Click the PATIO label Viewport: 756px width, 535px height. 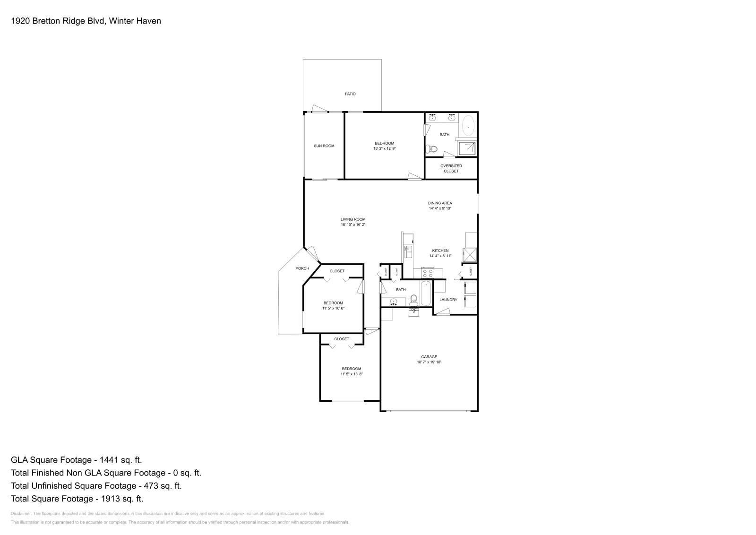click(350, 94)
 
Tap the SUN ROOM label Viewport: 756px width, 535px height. click(324, 146)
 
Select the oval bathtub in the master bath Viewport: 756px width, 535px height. click(468, 127)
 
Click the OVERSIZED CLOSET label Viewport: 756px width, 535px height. click(451, 168)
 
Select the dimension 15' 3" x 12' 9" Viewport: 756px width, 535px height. click(384, 148)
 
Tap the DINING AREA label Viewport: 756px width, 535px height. click(440, 203)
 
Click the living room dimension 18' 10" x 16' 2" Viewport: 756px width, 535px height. click(353, 224)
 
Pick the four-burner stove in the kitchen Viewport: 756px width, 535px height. click(428, 273)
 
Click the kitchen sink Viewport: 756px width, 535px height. click(408, 251)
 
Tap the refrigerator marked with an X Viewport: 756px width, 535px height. click(470, 255)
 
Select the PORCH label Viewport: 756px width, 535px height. click(302, 268)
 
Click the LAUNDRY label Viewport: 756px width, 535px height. click(448, 300)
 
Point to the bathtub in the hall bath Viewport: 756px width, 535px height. click(425, 293)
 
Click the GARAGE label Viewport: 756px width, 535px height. click(429, 357)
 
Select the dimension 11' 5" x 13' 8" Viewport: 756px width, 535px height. click(352, 374)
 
